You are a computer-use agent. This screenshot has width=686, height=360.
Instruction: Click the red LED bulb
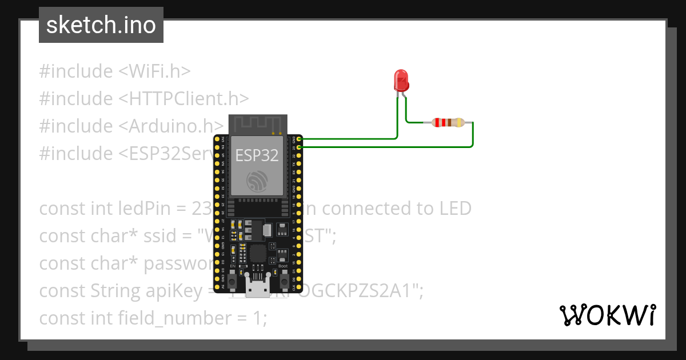(x=401, y=80)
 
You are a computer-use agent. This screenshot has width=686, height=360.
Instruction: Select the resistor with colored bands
(x=448, y=122)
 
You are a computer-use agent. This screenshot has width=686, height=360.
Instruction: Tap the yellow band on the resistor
(x=461, y=122)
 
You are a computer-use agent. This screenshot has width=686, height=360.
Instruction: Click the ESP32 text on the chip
(x=257, y=155)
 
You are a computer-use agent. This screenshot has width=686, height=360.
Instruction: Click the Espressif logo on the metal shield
(x=257, y=181)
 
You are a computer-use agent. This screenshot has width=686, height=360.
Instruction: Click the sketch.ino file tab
(x=101, y=25)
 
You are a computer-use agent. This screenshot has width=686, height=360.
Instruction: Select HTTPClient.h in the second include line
(x=184, y=99)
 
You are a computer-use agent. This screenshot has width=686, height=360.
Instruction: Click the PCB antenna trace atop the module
(x=257, y=123)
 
